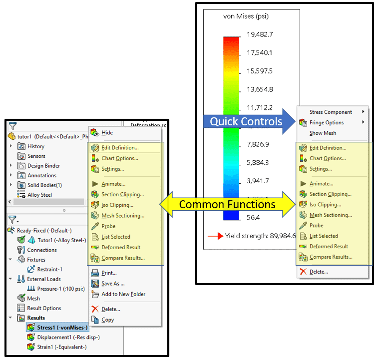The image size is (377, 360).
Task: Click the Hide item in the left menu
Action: (x=107, y=133)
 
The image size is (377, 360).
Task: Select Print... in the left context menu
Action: (x=109, y=273)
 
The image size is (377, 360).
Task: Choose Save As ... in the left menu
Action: (x=113, y=284)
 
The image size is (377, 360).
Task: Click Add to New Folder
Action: (x=123, y=294)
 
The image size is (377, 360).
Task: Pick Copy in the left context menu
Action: (x=107, y=320)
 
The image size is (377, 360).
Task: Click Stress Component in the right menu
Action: (x=331, y=112)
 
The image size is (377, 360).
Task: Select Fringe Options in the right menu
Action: (x=327, y=123)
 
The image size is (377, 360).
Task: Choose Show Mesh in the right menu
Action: (x=323, y=133)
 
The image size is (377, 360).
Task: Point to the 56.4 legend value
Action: (x=254, y=217)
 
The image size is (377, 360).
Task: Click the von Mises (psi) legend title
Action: (x=245, y=16)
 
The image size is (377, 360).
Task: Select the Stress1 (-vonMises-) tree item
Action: (x=62, y=328)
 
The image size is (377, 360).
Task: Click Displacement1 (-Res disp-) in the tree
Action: (x=68, y=337)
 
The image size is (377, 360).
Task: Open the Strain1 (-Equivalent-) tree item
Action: (x=61, y=347)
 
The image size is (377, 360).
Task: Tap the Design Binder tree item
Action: (x=43, y=166)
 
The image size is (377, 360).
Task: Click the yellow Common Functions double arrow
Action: (x=227, y=204)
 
